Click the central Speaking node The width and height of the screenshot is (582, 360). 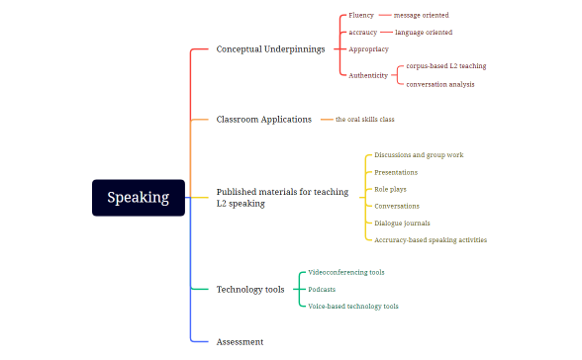[139, 198]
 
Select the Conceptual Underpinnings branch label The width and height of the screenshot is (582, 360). [270, 48]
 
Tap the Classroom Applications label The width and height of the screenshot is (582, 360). [263, 120]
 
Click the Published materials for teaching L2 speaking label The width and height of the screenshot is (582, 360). [281, 198]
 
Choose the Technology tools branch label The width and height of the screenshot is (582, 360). [250, 290]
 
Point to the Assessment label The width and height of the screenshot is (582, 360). [240, 341]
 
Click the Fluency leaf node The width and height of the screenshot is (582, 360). [361, 16]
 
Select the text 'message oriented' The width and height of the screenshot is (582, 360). [421, 16]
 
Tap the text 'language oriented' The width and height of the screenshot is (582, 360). [423, 33]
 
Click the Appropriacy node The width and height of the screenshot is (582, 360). [368, 48]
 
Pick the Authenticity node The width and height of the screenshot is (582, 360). [368, 75]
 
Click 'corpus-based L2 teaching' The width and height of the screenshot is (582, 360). [445, 66]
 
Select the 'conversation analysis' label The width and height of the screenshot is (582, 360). [439, 84]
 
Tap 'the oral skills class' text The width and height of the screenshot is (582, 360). [364, 120]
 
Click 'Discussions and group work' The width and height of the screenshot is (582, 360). [419, 155]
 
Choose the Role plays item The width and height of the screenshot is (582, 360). [390, 189]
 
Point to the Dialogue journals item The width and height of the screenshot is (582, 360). [402, 223]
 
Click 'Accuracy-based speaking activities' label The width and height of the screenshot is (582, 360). [431, 239]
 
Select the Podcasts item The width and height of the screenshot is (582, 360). [322, 290]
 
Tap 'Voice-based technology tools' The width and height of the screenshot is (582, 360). [353, 307]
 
